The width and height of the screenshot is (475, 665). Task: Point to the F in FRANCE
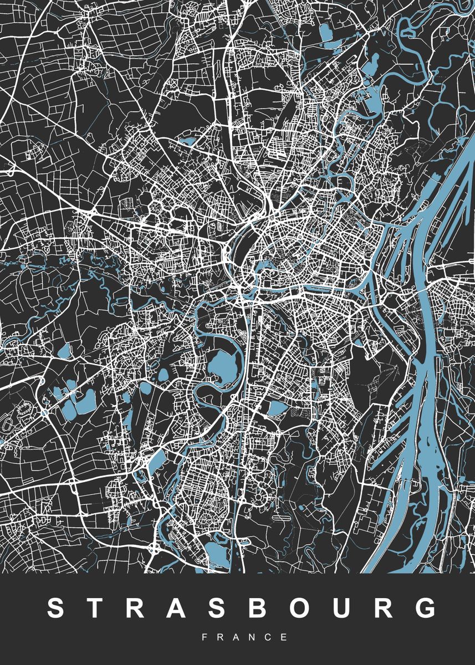tap(205, 637)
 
